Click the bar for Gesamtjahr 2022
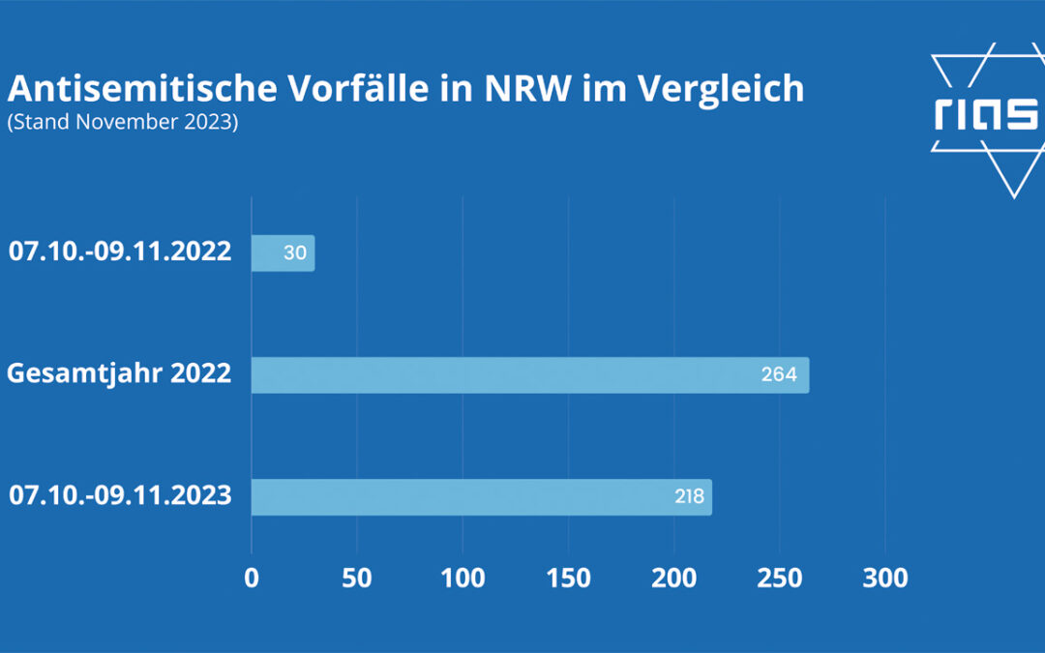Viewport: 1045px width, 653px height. point(529,375)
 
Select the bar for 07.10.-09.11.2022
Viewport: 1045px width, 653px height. point(283,253)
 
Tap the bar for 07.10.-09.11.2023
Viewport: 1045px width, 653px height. point(481,497)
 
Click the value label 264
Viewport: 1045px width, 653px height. point(779,375)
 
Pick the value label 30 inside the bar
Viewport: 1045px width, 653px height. point(295,253)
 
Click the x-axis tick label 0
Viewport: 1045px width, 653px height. point(252,579)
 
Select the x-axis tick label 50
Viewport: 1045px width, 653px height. point(357,579)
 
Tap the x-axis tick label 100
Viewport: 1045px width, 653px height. point(463,579)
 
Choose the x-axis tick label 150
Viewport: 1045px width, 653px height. point(569,579)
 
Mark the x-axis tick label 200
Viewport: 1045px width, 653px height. point(674,579)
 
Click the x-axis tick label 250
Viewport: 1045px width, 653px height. point(780,579)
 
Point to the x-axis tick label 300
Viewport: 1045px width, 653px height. point(885,579)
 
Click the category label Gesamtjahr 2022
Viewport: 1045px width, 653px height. point(119,373)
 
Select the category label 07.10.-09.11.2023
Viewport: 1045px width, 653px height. point(120,496)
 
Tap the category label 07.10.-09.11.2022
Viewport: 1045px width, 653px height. point(120,252)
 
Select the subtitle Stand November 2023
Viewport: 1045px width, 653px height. point(122,124)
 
